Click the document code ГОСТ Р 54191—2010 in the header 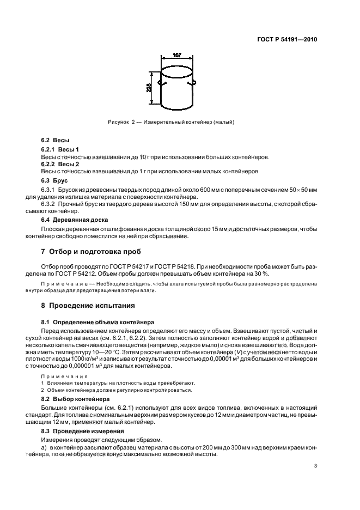point(287,40)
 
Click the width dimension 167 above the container point(177,55)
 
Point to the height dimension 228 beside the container point(149,87)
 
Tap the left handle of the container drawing point(160,83)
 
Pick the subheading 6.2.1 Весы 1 point(60,149)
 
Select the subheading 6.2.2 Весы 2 point(60,163)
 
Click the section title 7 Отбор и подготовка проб point(91,252)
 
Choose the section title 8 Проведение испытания point(88,305)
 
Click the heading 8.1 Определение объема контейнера point(90,323)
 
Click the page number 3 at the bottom point(315,466)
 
